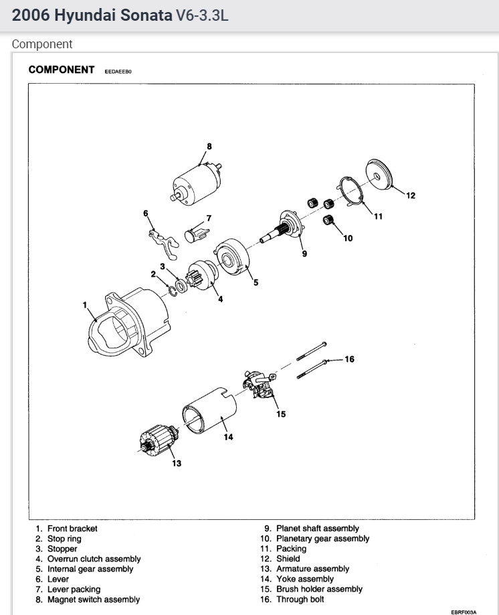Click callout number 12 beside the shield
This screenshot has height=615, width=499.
(410, 196)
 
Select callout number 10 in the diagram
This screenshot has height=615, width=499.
(347, 237)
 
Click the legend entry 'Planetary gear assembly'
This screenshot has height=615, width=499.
(322, 539)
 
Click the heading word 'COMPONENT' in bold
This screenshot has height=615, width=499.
(62, 70)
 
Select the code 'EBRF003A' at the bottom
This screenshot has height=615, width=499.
(462, 611)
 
